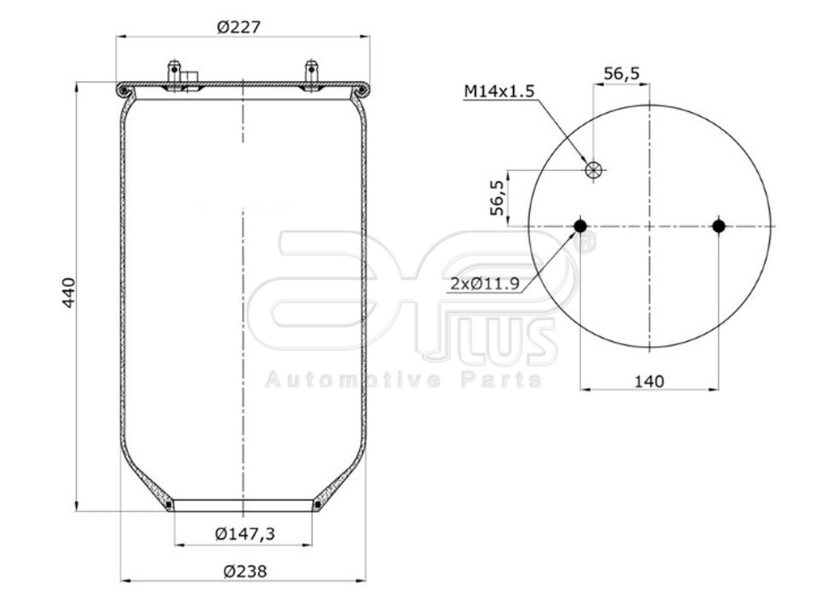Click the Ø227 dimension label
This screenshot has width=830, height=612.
coord(238,27)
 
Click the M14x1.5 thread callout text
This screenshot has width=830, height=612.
coord(498,91)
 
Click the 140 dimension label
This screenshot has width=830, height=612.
coord(648,380)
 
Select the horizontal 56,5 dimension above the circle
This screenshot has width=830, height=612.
coord(622,73)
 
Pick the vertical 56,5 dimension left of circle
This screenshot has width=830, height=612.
coord(498,198)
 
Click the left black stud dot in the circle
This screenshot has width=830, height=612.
coord(580,225)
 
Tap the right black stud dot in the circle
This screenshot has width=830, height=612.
coord(718,225)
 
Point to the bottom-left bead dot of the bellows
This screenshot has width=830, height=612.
coord(169,505)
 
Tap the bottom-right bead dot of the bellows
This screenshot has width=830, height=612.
coord(316,505)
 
